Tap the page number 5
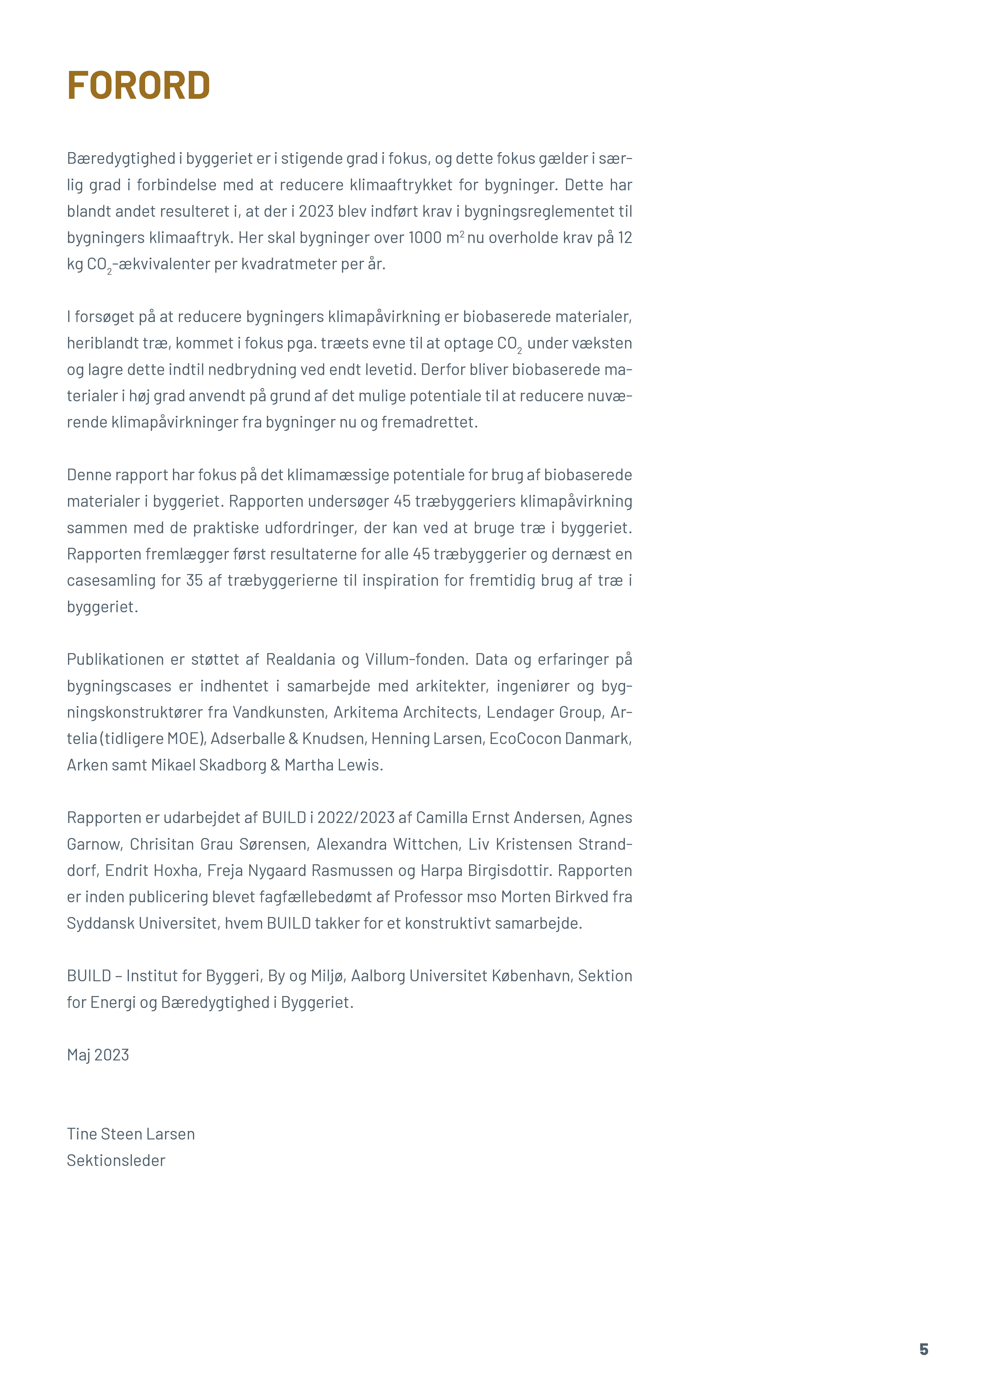coord(924,1349)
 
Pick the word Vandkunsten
coord(279,712)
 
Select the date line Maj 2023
coord(98,1055)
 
